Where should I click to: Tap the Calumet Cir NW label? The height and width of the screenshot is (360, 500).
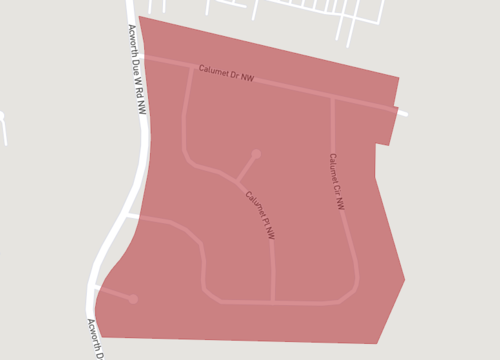[337, 181]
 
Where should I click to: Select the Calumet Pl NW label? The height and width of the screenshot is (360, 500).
[259, 214]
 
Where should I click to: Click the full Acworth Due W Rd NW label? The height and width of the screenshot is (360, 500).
[137, 68]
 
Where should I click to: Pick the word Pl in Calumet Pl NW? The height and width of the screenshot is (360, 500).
[262, 219]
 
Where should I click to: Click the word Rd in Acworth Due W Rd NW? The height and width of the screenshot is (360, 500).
[141, 92]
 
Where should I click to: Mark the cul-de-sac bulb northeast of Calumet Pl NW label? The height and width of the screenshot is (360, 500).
[256, 154]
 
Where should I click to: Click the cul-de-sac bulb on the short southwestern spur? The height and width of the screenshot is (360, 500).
[133, 298]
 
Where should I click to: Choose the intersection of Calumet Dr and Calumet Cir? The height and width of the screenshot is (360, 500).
[332, 97]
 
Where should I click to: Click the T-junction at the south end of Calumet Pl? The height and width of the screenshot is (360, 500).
[273, 301]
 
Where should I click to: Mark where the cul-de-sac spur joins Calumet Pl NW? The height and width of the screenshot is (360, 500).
[237, 181]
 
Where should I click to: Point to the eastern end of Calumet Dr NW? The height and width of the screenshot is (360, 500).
[404, 113]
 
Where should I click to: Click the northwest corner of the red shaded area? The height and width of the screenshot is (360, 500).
[139, 16]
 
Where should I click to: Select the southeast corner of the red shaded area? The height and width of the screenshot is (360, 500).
[377, 343]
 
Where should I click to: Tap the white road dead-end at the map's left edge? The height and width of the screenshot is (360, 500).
[2, 117]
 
